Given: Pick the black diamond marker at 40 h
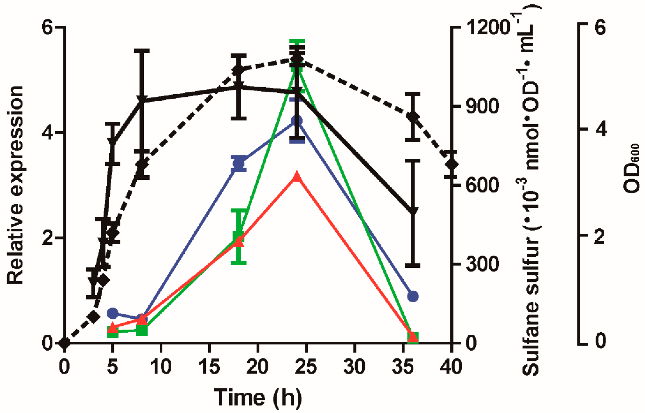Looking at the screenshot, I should (x=452, y=164).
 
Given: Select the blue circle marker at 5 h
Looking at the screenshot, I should (x=113, y=313).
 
